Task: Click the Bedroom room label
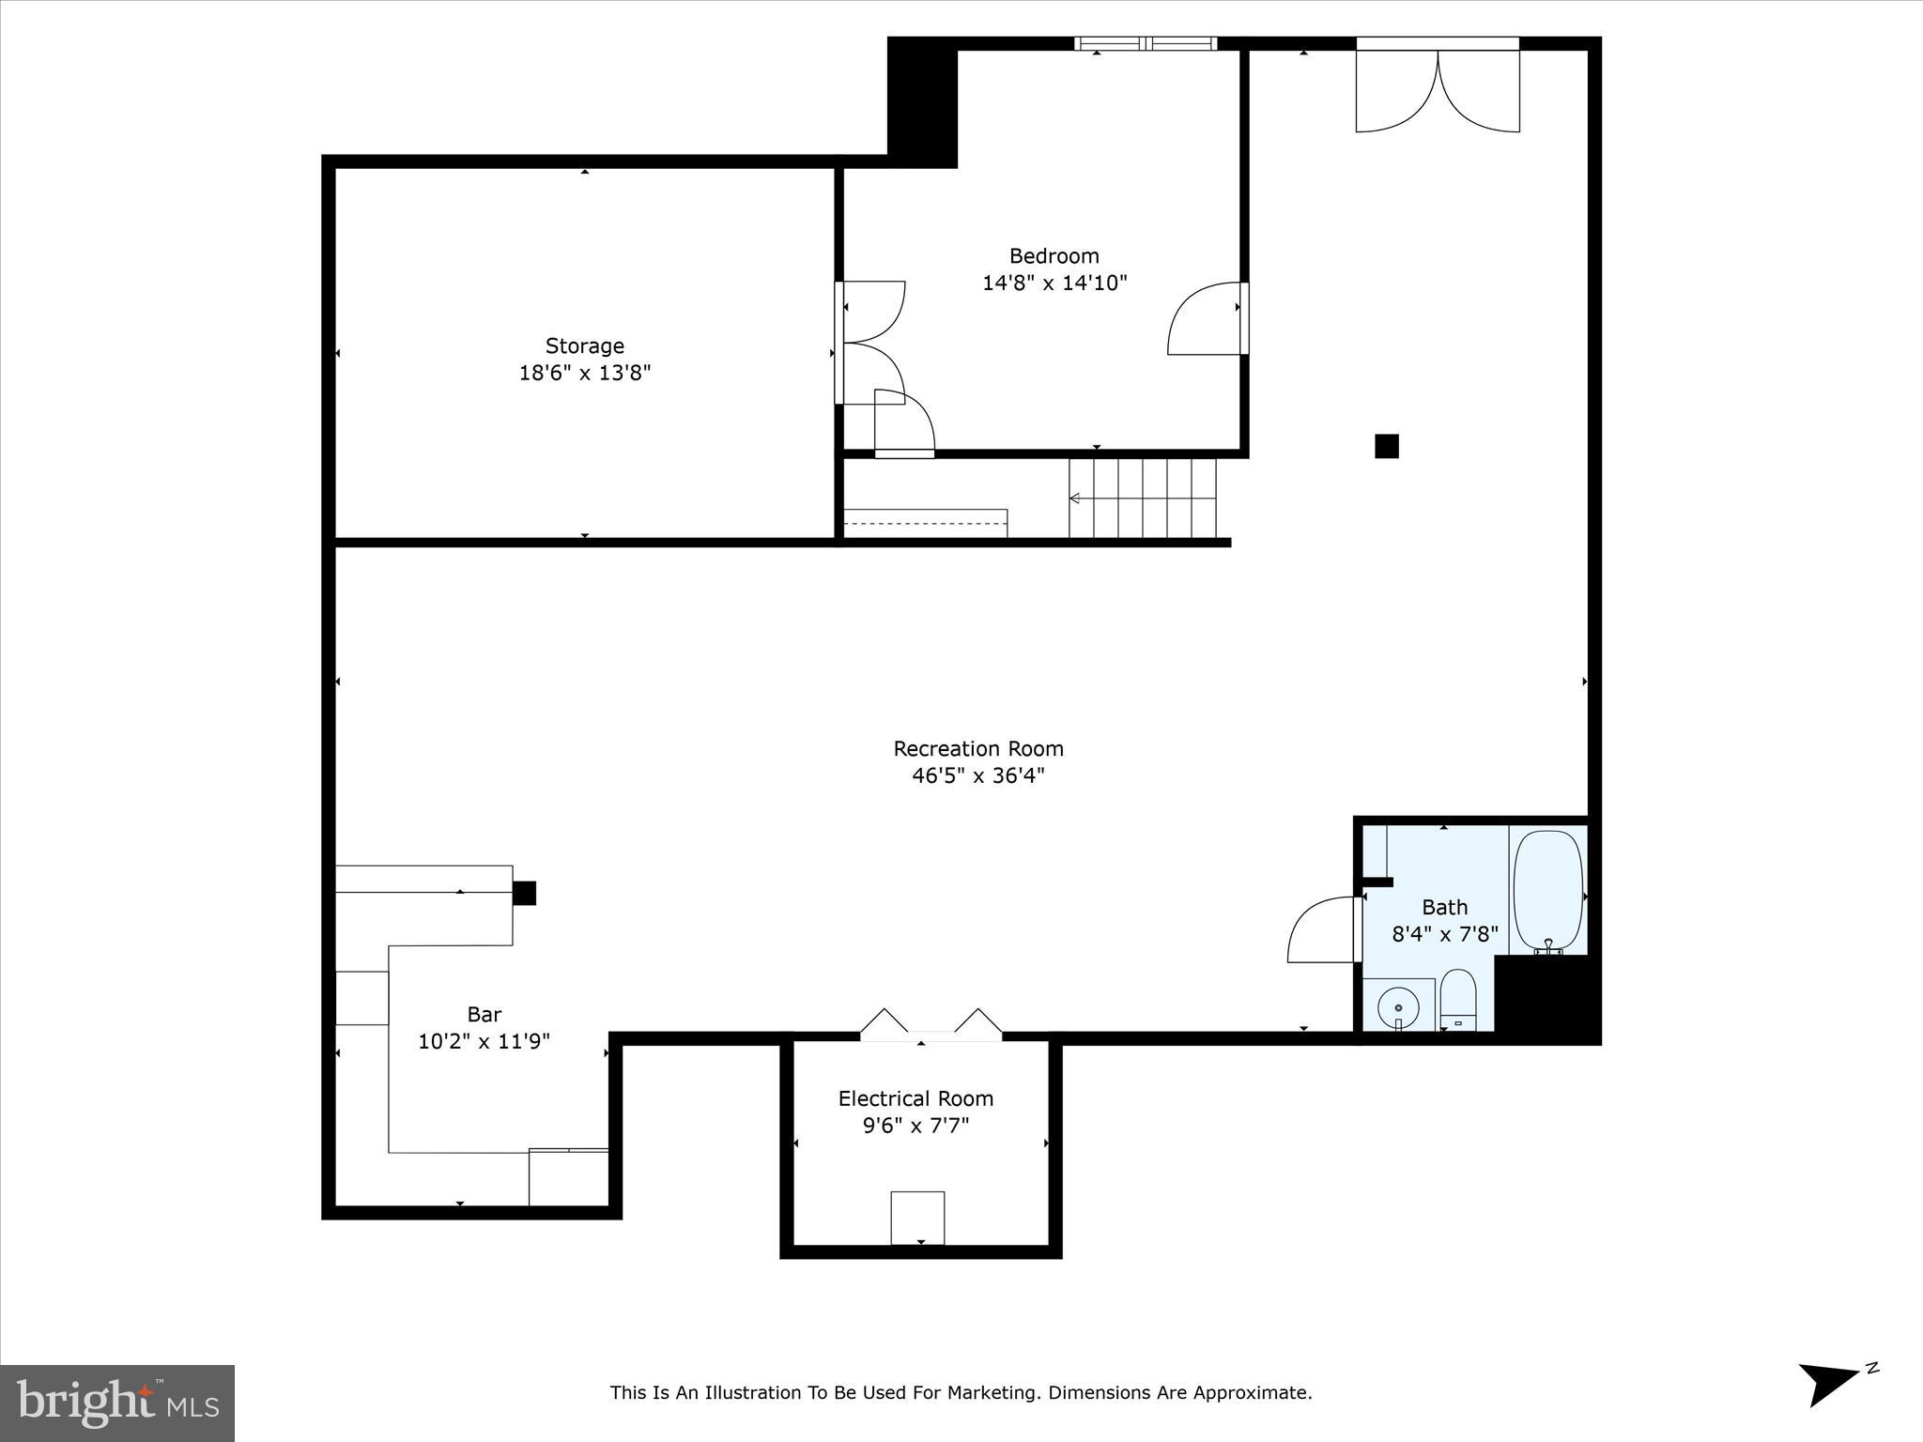[1054, 256]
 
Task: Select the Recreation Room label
[977, 749]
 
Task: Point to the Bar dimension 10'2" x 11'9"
[484, 1042]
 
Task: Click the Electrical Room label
[915, 1098]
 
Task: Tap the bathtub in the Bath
[1547, 889]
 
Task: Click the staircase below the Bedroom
[1143, 498]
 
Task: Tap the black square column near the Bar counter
[524, 893]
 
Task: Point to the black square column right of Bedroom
[1386, 446]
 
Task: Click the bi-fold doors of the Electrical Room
[931, 1024]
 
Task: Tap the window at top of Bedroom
[1146, 43]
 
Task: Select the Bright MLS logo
[117, 1404]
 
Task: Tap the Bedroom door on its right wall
[1208, 319]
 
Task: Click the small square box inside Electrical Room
[917, 1218]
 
